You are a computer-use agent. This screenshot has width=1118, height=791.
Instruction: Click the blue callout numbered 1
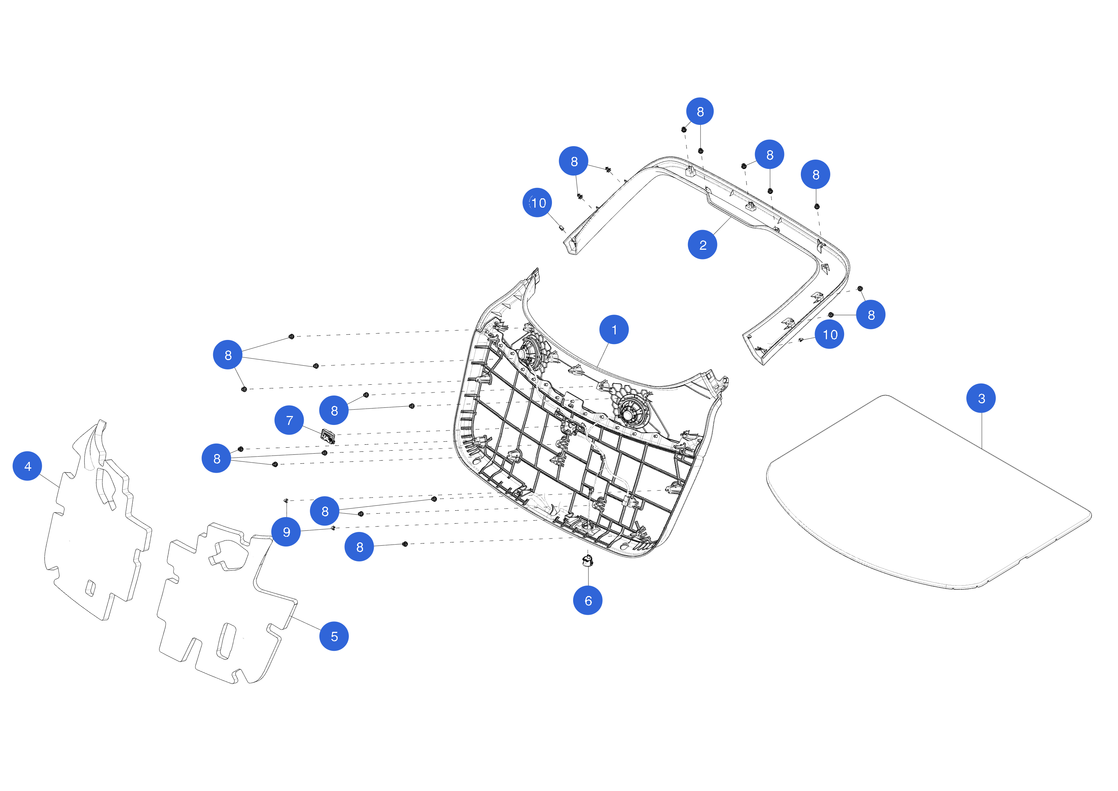click(614, 330)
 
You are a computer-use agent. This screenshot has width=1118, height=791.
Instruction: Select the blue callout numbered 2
click(702, 245)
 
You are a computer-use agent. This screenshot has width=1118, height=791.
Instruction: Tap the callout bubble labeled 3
click(981, 398)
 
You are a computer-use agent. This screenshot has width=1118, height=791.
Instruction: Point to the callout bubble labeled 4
click(27, 466)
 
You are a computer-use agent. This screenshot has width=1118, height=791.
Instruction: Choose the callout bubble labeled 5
click(334, 636)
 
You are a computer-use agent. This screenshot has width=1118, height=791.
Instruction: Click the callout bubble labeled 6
click(588, 601)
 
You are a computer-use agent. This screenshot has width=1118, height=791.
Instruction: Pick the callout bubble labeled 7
click(289, 420)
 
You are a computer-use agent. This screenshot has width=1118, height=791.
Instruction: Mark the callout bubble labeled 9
click(286, 532)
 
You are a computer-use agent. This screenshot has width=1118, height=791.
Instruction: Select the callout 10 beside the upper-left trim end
click(537, 203)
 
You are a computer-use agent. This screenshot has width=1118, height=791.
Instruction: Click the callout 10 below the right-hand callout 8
click(829, 334)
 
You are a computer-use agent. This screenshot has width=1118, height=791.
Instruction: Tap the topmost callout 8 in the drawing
click(700, 111)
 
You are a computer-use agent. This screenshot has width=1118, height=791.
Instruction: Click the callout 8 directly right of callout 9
click(325, 511)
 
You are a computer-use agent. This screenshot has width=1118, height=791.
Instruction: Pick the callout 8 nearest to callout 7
click(334, 410)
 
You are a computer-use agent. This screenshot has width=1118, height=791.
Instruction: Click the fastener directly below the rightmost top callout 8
click(817, 207)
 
